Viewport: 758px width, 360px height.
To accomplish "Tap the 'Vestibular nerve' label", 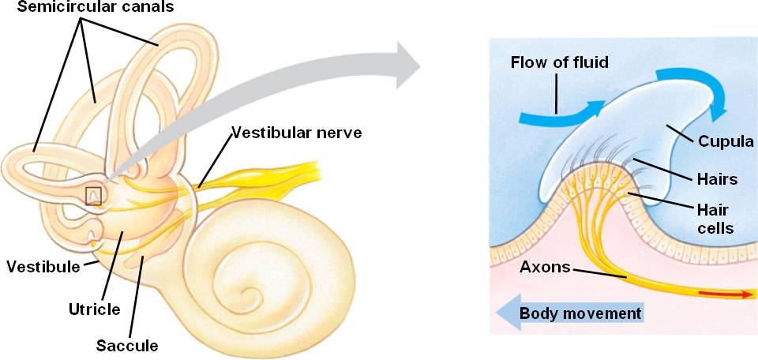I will pos(296,133).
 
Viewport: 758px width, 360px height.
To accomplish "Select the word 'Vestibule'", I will pos(43,266).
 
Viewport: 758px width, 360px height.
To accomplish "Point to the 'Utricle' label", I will pos(93,309).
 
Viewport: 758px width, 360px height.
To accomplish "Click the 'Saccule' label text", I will pos(127,345).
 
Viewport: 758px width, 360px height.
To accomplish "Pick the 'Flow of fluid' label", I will pos(559,62).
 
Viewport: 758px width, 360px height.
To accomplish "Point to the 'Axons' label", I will pos(544,267).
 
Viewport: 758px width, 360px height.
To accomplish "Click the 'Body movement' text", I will pos(580,313).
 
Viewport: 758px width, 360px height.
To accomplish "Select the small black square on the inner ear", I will pos(94,195).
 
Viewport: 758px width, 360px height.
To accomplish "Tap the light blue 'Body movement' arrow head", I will pos(505,313).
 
